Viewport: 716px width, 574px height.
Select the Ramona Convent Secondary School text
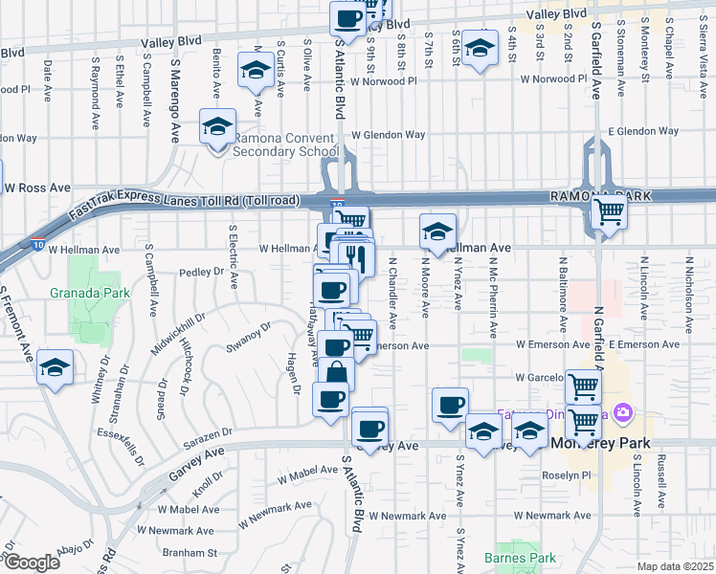point(285,144)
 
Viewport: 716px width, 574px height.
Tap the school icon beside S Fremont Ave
point(56,368)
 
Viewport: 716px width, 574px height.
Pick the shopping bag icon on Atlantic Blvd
point(338,374)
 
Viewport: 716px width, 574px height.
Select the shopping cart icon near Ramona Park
point(609,215)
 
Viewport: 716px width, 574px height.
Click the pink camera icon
point(624,412)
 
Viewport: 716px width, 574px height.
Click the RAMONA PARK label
point(599,195)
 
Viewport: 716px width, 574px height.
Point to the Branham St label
point(190,552)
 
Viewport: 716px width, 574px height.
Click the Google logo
point(32,563)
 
